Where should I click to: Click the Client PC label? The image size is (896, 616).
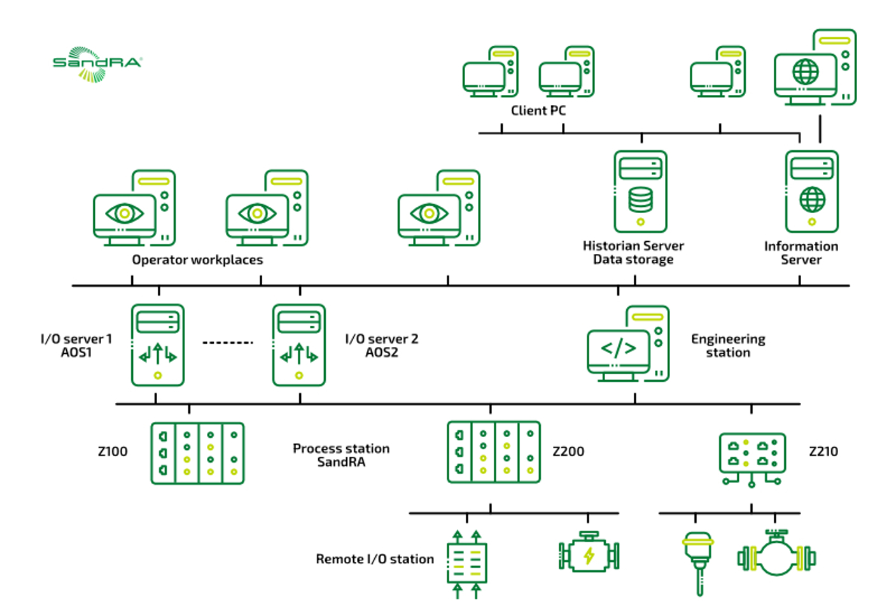coord(538,111)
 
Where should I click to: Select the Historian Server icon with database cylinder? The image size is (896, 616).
coord(640,192)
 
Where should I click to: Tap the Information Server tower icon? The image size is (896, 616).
coord(811,192)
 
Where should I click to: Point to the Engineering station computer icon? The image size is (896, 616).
coord(628,344)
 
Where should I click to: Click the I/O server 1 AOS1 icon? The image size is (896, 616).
coord(158,345)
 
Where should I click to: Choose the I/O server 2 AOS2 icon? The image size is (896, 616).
coord(299,345)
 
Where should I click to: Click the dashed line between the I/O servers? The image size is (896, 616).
coord(228,343)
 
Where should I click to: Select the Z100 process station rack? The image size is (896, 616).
coord(197,453)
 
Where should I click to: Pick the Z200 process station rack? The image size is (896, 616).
coord(494,452)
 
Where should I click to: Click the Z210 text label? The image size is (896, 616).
coord(823,452)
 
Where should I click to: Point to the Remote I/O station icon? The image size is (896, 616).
coord(466,563)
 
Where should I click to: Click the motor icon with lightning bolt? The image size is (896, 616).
coord(589,554)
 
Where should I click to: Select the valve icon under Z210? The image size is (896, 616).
coord(776,555)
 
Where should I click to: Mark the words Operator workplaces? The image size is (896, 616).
coord(197,260)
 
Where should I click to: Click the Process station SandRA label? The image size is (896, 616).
coord(341,455)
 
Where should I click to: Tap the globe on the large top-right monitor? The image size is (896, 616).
coord(806,71)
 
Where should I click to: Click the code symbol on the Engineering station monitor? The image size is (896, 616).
coord(619,348)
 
